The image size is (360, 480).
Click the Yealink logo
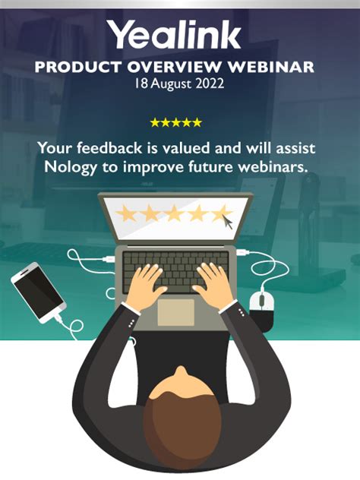(174, 34)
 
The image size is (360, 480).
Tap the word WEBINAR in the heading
(274, 67)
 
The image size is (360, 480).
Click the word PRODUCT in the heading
(76, 67)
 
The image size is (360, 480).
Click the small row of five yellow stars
(175, 122)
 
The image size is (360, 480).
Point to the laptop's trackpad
(175, 310)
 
